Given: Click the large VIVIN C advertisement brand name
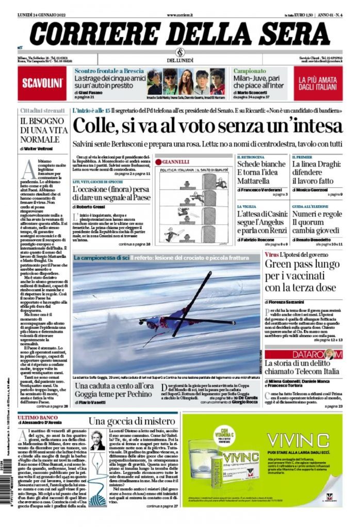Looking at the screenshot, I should click(x=298, y=441).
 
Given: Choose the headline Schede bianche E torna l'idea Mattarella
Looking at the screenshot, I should click(x=260, y=172).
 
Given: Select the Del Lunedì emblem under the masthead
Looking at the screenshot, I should click(x=180, y=53).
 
